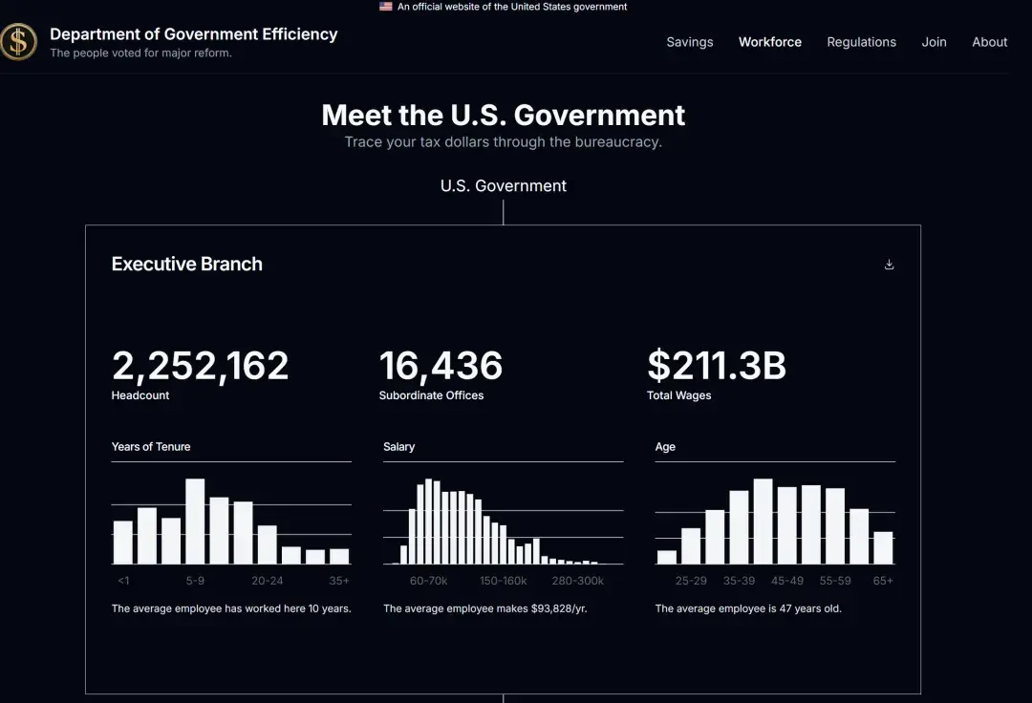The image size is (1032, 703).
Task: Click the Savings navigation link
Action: (689, 42)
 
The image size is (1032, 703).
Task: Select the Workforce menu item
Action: (769, 42)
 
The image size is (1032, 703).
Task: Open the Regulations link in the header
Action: (861, 42)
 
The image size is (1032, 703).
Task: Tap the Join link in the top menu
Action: (934, 42)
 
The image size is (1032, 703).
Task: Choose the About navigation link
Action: (989, 42)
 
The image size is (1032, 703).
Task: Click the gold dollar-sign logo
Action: (18, 41)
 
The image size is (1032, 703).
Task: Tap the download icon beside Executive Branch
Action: (889, 265)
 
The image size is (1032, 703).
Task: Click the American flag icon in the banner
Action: (385, 7)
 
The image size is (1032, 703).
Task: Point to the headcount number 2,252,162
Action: (200, 366)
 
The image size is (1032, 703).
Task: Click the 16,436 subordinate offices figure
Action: (441, 366)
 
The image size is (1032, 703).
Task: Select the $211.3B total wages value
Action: (717, 366)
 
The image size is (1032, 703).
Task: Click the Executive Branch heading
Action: (186, 265)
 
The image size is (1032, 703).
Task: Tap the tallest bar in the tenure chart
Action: (195, 521)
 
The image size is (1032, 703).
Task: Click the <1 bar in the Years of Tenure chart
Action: (123, 542)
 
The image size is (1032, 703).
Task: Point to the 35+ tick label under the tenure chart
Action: (339, 581)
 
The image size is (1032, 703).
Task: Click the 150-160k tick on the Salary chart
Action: (503, 581)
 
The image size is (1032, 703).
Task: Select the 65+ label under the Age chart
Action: (883, 581)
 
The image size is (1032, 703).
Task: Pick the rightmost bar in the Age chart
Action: (883, 547)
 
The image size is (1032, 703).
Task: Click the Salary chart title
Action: (398, 447)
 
